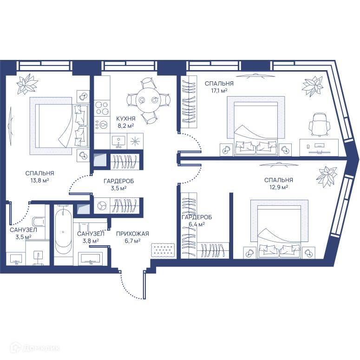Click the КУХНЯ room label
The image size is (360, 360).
pos(125,119)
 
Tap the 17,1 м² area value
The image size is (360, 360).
pos(219,91)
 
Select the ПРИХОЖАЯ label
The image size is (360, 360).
pos(132,234)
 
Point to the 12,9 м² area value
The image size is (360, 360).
pos(279,187)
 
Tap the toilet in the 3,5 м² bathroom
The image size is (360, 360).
pos(39,222)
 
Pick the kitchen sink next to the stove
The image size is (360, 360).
pos(118,141)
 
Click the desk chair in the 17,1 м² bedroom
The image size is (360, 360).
pos(319,124)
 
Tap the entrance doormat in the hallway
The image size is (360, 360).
pos(163,250)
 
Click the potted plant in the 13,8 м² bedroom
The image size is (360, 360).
pos(27,84)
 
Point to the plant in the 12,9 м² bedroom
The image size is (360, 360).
pos(326,177)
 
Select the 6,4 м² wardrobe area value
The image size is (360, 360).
pos(196,224)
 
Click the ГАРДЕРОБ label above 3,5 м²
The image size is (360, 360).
pos(118,181)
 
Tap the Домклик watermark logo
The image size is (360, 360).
pos(36,348)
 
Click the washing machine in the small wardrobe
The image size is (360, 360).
pos(101,206)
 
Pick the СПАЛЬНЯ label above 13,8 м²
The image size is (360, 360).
pos(40,173)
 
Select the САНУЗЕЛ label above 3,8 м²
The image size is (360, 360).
pos(91,234)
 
